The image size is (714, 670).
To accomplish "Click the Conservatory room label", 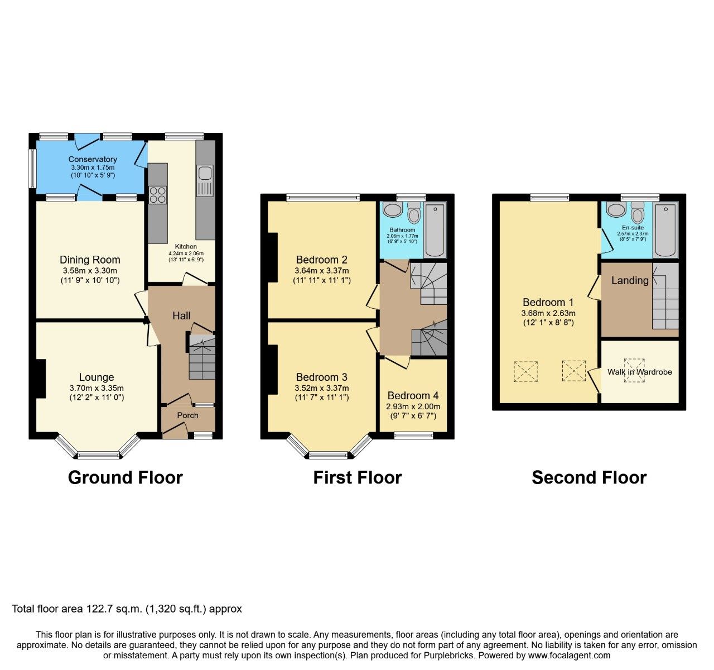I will pyautogui.click(x=93, y=159).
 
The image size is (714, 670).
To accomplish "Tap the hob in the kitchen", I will pyautogui.click(x=157, y=194).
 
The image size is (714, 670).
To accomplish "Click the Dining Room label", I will pyautogui.click(x=90, y=260).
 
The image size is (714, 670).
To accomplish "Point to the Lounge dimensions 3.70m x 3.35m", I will pyautogui.click(x=97, y=388).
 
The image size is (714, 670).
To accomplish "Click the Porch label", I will pyautogui.click(x=187, y=415).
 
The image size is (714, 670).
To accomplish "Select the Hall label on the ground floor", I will pyautogui.click(x=181, y=316).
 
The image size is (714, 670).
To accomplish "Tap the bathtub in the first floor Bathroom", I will pyautogui.click(x=435, y=231).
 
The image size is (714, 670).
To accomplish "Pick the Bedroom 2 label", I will pyautogui.click(x=321, y=260).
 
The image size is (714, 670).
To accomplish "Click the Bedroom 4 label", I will pyautogui.click(x=413, y=396).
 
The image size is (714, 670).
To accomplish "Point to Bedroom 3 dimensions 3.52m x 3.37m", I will pyautogui.click(x=321, y=388).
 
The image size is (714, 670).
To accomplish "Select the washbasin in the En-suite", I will pyautogui.click(x=616, y=210).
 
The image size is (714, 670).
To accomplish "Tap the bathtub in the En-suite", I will pyautogui.click(x=665, y=230).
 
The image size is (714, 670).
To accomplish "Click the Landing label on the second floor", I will pyautogui.click(x=630, y=280).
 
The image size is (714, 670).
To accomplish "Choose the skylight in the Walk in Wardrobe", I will pyautogui.click(x=634, y=370).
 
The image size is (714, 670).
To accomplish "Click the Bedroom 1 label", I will pyautogui.click(x=548, y=303).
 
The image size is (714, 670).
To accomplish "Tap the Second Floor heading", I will pyautogui.click(x=589, y=478).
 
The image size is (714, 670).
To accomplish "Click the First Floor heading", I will pyautogui.click(x=357, y=478).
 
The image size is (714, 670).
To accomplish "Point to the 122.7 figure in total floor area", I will pyautogui.click(x=98, y=609).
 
